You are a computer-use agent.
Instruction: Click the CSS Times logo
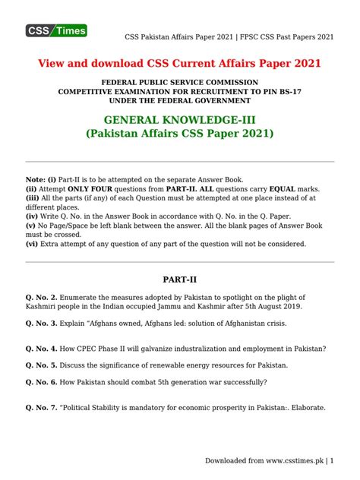(57, 30)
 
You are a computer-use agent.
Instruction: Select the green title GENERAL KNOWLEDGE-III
(179, 120)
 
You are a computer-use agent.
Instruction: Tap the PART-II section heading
(180, 280)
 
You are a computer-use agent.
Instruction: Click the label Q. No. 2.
(44, 296)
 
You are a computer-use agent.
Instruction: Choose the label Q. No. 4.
(44, 349)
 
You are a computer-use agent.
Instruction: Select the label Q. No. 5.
(44, 365)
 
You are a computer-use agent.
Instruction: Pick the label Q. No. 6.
(44, 382)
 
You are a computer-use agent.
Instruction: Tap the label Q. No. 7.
(44, 408)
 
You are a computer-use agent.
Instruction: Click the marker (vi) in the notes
(33, 244)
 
